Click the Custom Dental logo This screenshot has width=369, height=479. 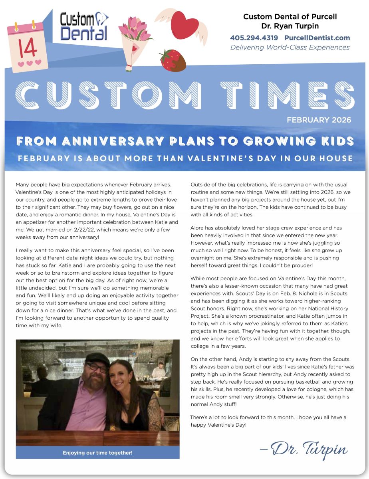point(84,26)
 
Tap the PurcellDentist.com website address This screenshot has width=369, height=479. point(317,38)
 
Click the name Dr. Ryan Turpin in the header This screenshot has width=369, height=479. point(290,26)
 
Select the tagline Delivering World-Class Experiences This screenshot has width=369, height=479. point(290,48)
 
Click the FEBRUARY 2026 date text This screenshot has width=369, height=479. point(319,120)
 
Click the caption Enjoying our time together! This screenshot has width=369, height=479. point(97,453)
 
